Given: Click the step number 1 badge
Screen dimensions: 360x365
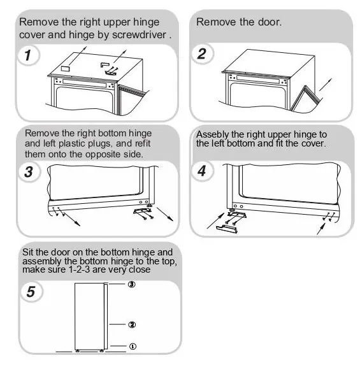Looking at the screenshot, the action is click(x=29, y=55).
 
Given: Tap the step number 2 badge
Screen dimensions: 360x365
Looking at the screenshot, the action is click(x=201, y=54).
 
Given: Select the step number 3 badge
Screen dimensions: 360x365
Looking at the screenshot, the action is click(x=29, y=172).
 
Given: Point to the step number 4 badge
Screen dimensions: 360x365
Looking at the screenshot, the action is click(x=202, y=171).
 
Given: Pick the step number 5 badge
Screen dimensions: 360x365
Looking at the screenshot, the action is click(x=31, y=292).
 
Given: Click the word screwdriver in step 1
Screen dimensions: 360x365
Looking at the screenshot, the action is click(x=139, y=35).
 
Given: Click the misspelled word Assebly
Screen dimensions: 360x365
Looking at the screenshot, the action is click(x=212, y=134).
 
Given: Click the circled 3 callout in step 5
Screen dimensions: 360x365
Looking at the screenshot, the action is click(x=132, y=284).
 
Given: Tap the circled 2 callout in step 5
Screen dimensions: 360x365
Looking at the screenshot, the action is click(x=132, y=324).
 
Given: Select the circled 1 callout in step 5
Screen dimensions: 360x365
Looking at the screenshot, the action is click(x=133, y=347).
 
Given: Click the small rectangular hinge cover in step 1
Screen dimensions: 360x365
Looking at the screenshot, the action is click(x=65, y=68).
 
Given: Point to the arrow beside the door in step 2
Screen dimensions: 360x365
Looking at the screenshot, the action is click(x=326, y=85).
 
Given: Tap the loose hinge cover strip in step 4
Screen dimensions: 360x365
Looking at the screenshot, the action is click(x=227, y=229).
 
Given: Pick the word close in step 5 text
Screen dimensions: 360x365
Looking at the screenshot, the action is click(x=140, y=269).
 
